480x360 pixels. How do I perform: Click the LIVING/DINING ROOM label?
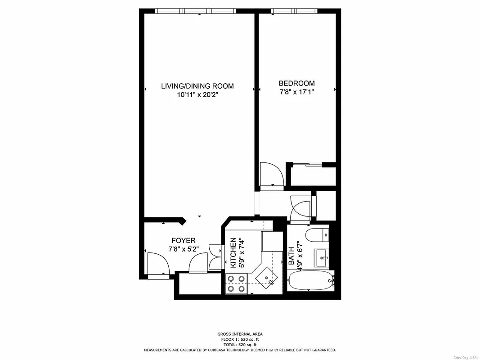pos(197,86)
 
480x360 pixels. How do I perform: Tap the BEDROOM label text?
pos(296,83)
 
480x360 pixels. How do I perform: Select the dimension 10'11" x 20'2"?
pos(197,95)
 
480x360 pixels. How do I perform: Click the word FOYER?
pos(183,241)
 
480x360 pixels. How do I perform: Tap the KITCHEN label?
pos(233,253)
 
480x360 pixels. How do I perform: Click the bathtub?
pos(310,281)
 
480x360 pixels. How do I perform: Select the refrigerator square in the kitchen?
pos(272,242)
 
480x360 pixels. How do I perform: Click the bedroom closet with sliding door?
pos(313,175)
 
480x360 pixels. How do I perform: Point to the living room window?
pos(196,11)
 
